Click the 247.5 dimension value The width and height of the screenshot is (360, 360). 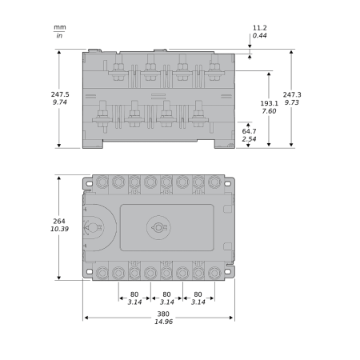(60, 94)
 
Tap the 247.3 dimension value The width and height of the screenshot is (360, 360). (292, 94)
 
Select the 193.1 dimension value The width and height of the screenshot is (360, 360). (269, 103)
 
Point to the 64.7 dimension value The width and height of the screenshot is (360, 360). (249, 131)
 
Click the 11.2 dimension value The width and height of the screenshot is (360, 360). (260, 28)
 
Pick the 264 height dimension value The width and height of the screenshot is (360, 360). (59, 221)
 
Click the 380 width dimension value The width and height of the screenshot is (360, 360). (163, 314)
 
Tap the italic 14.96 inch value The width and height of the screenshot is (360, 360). (163, 322)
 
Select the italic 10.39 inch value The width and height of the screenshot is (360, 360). (59, 229)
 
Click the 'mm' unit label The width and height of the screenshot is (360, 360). (60, 27)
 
